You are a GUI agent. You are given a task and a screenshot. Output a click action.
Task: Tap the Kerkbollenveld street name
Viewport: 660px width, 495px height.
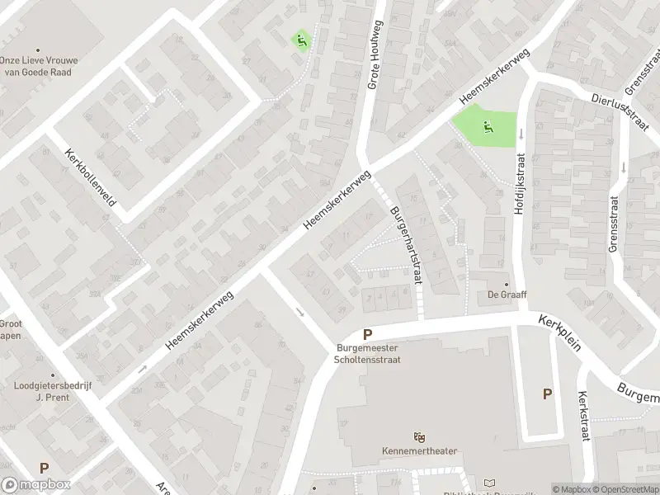[x=92, y=178]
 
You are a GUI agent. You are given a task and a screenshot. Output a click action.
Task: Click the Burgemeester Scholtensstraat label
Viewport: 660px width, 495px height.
[x=368, y=354]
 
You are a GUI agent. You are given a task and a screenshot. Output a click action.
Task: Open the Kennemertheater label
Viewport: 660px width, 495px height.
[x=419, y=451]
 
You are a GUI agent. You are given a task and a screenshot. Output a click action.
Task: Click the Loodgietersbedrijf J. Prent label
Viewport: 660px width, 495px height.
[x=41, y=391]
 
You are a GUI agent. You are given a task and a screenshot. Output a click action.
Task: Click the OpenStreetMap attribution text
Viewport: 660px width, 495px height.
[x=624, y=489]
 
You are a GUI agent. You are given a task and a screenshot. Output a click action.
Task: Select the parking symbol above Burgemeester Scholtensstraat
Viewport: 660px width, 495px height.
[x=368, y=335]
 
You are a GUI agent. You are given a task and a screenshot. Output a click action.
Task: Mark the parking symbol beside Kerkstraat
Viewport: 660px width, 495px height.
[x=547, y=394]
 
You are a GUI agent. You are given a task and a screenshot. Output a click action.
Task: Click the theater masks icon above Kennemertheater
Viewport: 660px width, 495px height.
[x=419, y=437]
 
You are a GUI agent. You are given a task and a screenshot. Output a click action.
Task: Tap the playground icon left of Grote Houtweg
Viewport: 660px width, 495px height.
[x=301, y=39]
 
